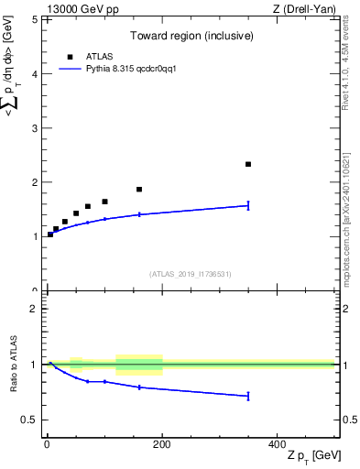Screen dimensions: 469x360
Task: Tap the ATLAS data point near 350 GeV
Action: click(248, 164)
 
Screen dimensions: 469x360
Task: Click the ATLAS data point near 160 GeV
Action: click(139, 190)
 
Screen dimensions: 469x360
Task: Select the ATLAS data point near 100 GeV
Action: click(104, 202)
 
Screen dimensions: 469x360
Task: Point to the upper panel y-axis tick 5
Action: click(34, 19)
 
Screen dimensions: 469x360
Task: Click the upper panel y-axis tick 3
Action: click(34, 127)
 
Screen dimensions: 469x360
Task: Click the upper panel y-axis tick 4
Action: click(34, 73)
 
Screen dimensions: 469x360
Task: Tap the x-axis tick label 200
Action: click(162, 444)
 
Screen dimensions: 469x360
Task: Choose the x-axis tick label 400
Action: click(277, 444)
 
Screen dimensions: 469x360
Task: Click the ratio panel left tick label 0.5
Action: click(30, 420)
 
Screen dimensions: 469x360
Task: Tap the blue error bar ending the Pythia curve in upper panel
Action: click(248, 205)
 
